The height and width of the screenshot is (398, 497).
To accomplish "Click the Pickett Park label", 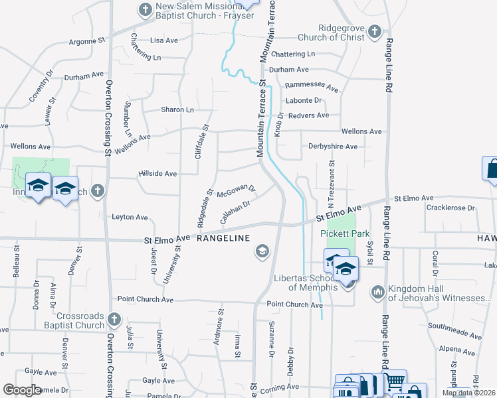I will [x=344, y=233].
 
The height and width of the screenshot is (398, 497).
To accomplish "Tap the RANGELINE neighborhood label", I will [x=223, y=238].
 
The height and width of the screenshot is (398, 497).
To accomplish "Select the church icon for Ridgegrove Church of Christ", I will [x=375, y=31].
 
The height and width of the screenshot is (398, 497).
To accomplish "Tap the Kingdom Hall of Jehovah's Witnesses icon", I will [x=378, y=291].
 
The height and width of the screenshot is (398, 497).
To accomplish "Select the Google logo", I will [x=22, y=390].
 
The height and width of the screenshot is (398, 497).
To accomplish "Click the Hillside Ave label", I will [x=157, y=174].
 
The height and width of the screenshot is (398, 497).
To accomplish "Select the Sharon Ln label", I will [x=177, y=109].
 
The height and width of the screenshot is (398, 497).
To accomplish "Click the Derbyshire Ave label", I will [x=332, y=147].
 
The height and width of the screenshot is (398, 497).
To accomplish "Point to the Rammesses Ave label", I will [x=312, y=87].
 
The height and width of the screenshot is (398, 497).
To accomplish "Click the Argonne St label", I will [x=87, y=41].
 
